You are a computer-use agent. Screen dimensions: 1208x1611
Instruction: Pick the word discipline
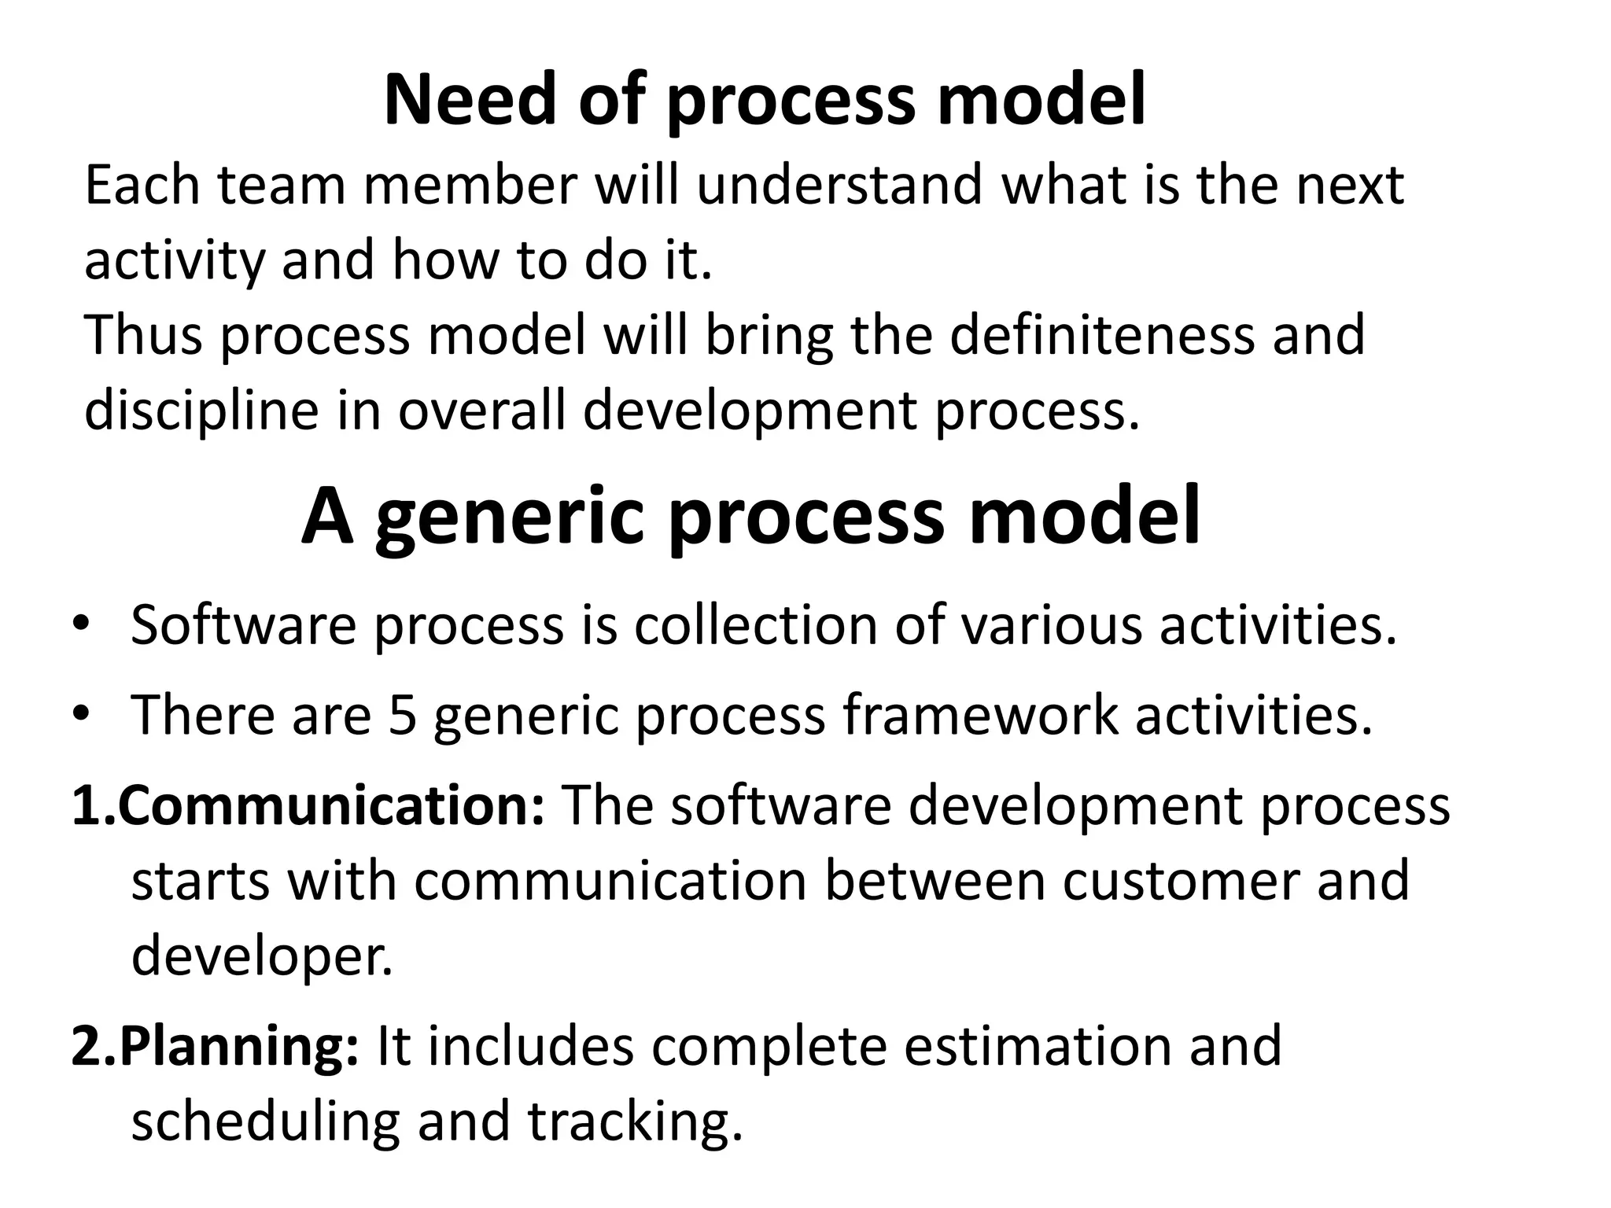[201, 411]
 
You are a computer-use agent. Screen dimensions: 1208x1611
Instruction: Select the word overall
[481, 411]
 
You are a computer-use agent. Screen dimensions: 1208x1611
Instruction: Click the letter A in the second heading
[326, 517]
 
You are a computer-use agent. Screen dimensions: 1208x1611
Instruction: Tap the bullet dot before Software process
[81, 625]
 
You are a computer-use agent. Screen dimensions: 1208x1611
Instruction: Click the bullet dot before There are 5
[81, 715]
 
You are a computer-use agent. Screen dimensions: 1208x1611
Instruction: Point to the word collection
[755, 625]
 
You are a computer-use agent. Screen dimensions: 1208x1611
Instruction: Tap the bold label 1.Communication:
[308, 806]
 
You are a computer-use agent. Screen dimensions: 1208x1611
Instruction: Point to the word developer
[261, 956]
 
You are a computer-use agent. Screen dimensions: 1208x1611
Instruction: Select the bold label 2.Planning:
[215, 1046]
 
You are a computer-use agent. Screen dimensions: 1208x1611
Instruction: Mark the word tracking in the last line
[635, 1121]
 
